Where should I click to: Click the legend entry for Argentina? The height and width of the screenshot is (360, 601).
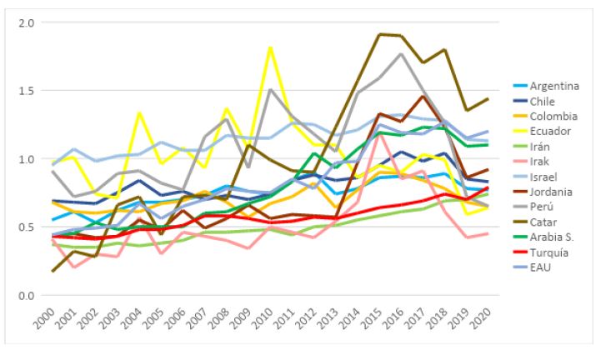[548, 86]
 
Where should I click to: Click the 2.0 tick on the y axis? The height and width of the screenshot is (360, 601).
[24, 22]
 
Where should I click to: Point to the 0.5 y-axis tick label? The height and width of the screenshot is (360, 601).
[24, 227]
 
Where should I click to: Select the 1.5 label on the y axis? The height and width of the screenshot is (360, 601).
[24, 90]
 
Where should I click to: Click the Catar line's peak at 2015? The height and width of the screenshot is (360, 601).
[379, 34]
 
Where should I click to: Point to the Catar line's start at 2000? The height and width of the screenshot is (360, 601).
[53, 271]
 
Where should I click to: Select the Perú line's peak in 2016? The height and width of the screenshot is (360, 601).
[401, 54]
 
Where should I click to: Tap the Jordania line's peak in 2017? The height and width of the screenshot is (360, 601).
[423, 97]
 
